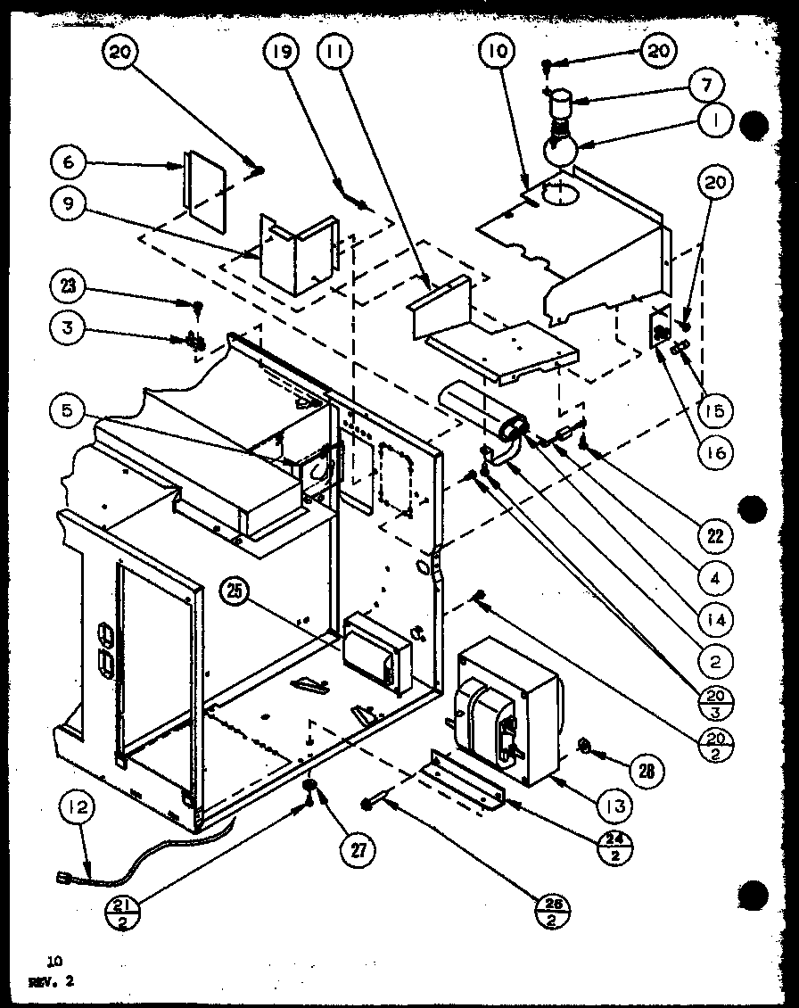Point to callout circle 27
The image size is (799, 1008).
coord(357,849)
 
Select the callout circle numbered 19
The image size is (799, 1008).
coord(280,53)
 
